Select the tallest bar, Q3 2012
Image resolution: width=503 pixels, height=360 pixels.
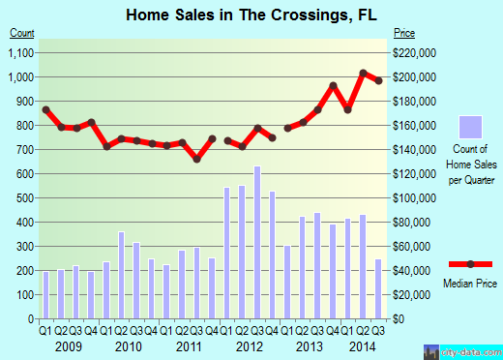click(257, 243)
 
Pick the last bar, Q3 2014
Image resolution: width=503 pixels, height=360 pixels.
click(378, 288)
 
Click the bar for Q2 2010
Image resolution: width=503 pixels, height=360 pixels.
click(122, 275)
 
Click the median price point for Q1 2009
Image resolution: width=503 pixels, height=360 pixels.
click(45, 109)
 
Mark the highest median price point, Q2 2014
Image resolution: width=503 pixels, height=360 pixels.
click(364, 73)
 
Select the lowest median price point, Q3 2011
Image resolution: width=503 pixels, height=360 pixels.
click(197, 159)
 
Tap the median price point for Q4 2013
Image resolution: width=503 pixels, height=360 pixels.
click(333, 86)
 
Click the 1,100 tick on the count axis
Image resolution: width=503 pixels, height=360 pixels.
click(22, 52)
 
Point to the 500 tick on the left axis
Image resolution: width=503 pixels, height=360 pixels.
click(26, 197)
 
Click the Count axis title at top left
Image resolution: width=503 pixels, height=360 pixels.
click(22, 33)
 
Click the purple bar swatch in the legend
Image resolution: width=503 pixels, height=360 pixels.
click(470, 128)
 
